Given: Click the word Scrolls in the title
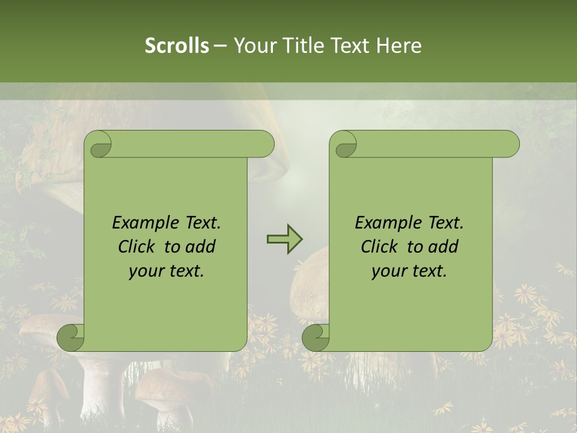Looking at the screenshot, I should pyautogui.click(x=177, y=46).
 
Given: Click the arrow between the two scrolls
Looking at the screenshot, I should pyautogui.click(x=284, y=239).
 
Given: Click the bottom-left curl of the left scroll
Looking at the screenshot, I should pyautogui.click(x=70, y=337).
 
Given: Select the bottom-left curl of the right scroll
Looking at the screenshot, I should pyautogui.click(x=316, y=337).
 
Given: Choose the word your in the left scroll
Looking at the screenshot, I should pyautogui.click(x=144, y=271).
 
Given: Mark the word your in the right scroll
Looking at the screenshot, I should pyautogui.click(x=386, y=271).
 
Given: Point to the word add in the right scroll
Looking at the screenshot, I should pyautogui.click(x=444, y=247).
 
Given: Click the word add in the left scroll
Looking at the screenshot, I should pyautogui.click(x=201, y=247).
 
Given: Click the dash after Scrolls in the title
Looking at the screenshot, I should pyautogui.click(x=219, y=46).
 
